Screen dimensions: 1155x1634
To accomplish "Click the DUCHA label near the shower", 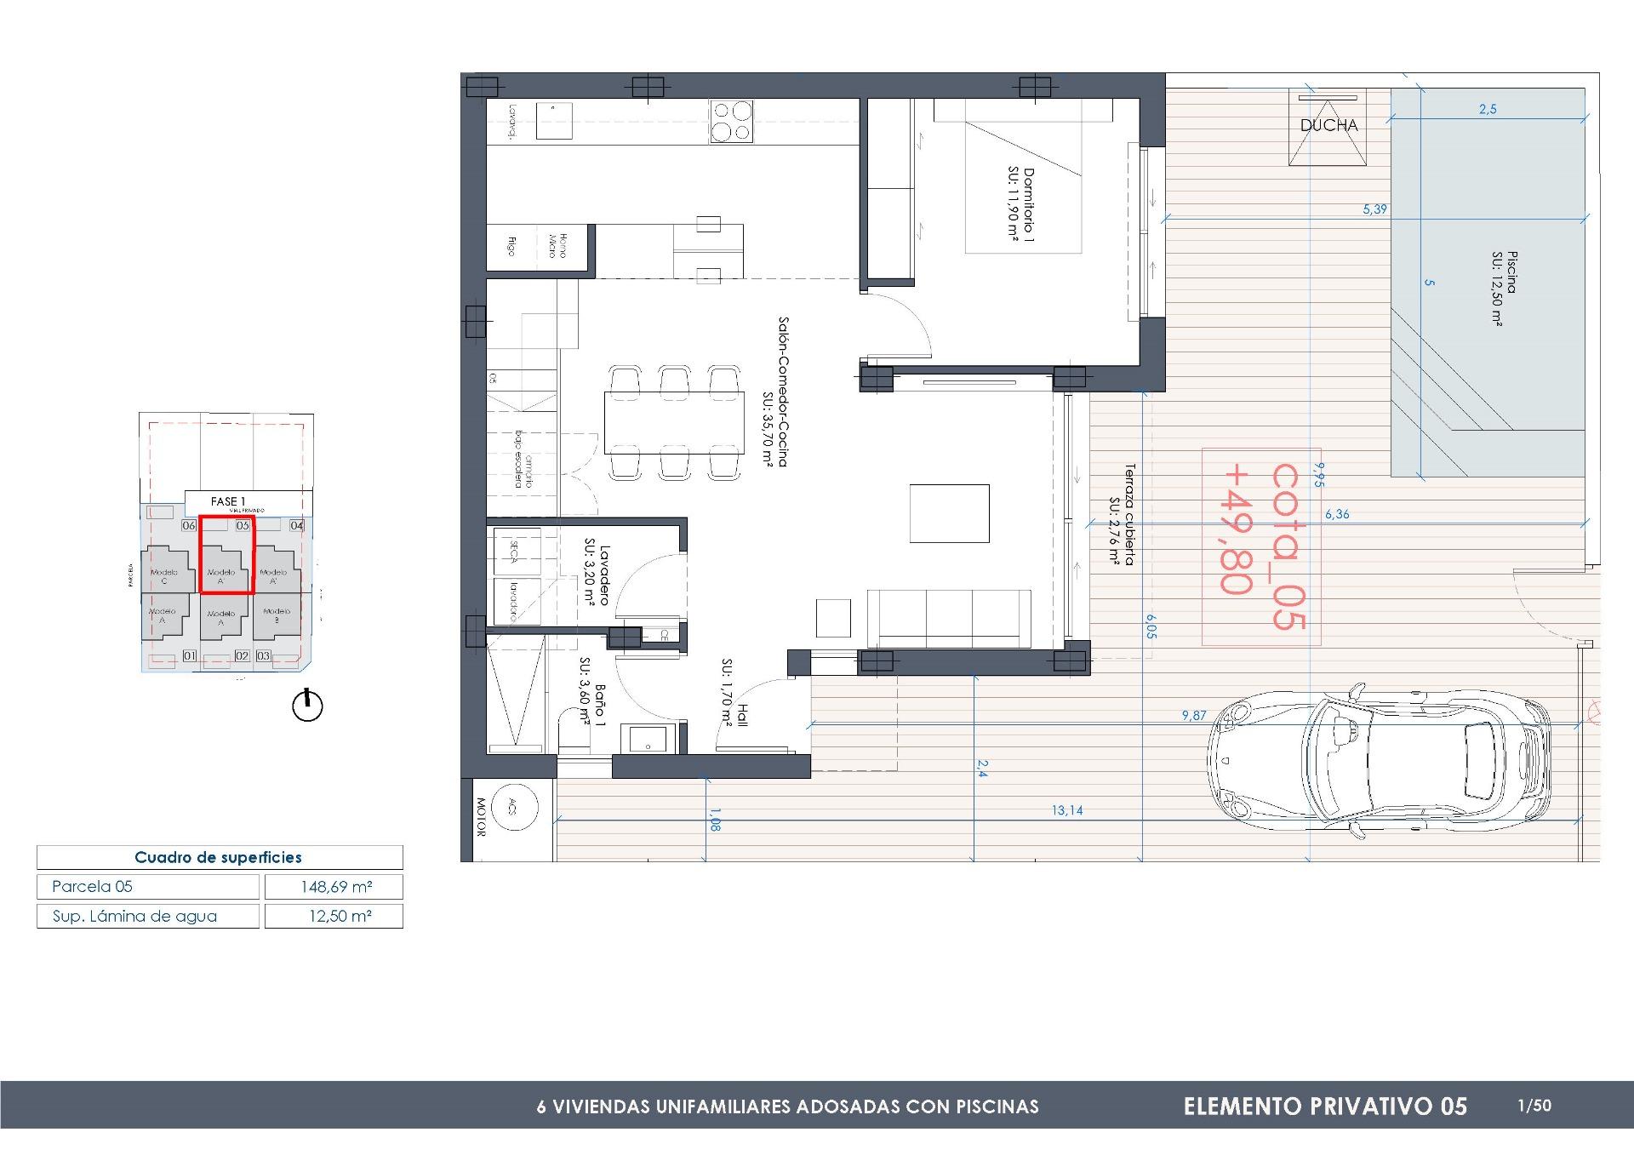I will [1328, 125].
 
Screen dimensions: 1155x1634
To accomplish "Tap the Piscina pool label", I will [1504, 289].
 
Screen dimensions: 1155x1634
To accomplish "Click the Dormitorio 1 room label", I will [1021, 204].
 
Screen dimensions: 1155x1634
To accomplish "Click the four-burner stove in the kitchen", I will [732, 121].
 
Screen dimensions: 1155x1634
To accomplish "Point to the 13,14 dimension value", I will [1066, 810].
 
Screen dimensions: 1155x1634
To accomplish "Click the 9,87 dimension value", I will [1193, 716].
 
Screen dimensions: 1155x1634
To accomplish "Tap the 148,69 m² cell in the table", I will [335, 887].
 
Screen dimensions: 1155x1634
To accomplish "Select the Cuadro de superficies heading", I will [219, 857].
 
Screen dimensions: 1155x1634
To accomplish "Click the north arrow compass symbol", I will [307, 706].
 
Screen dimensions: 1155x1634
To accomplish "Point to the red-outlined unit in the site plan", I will [226, 554].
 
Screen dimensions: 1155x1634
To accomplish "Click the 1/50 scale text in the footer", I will [1534, 1106].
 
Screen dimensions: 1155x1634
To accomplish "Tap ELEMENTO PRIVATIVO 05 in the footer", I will [1325, 1106].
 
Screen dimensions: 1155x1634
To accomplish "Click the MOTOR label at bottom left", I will [480, 817].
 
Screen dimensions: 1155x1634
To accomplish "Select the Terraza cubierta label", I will [1123, 515].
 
